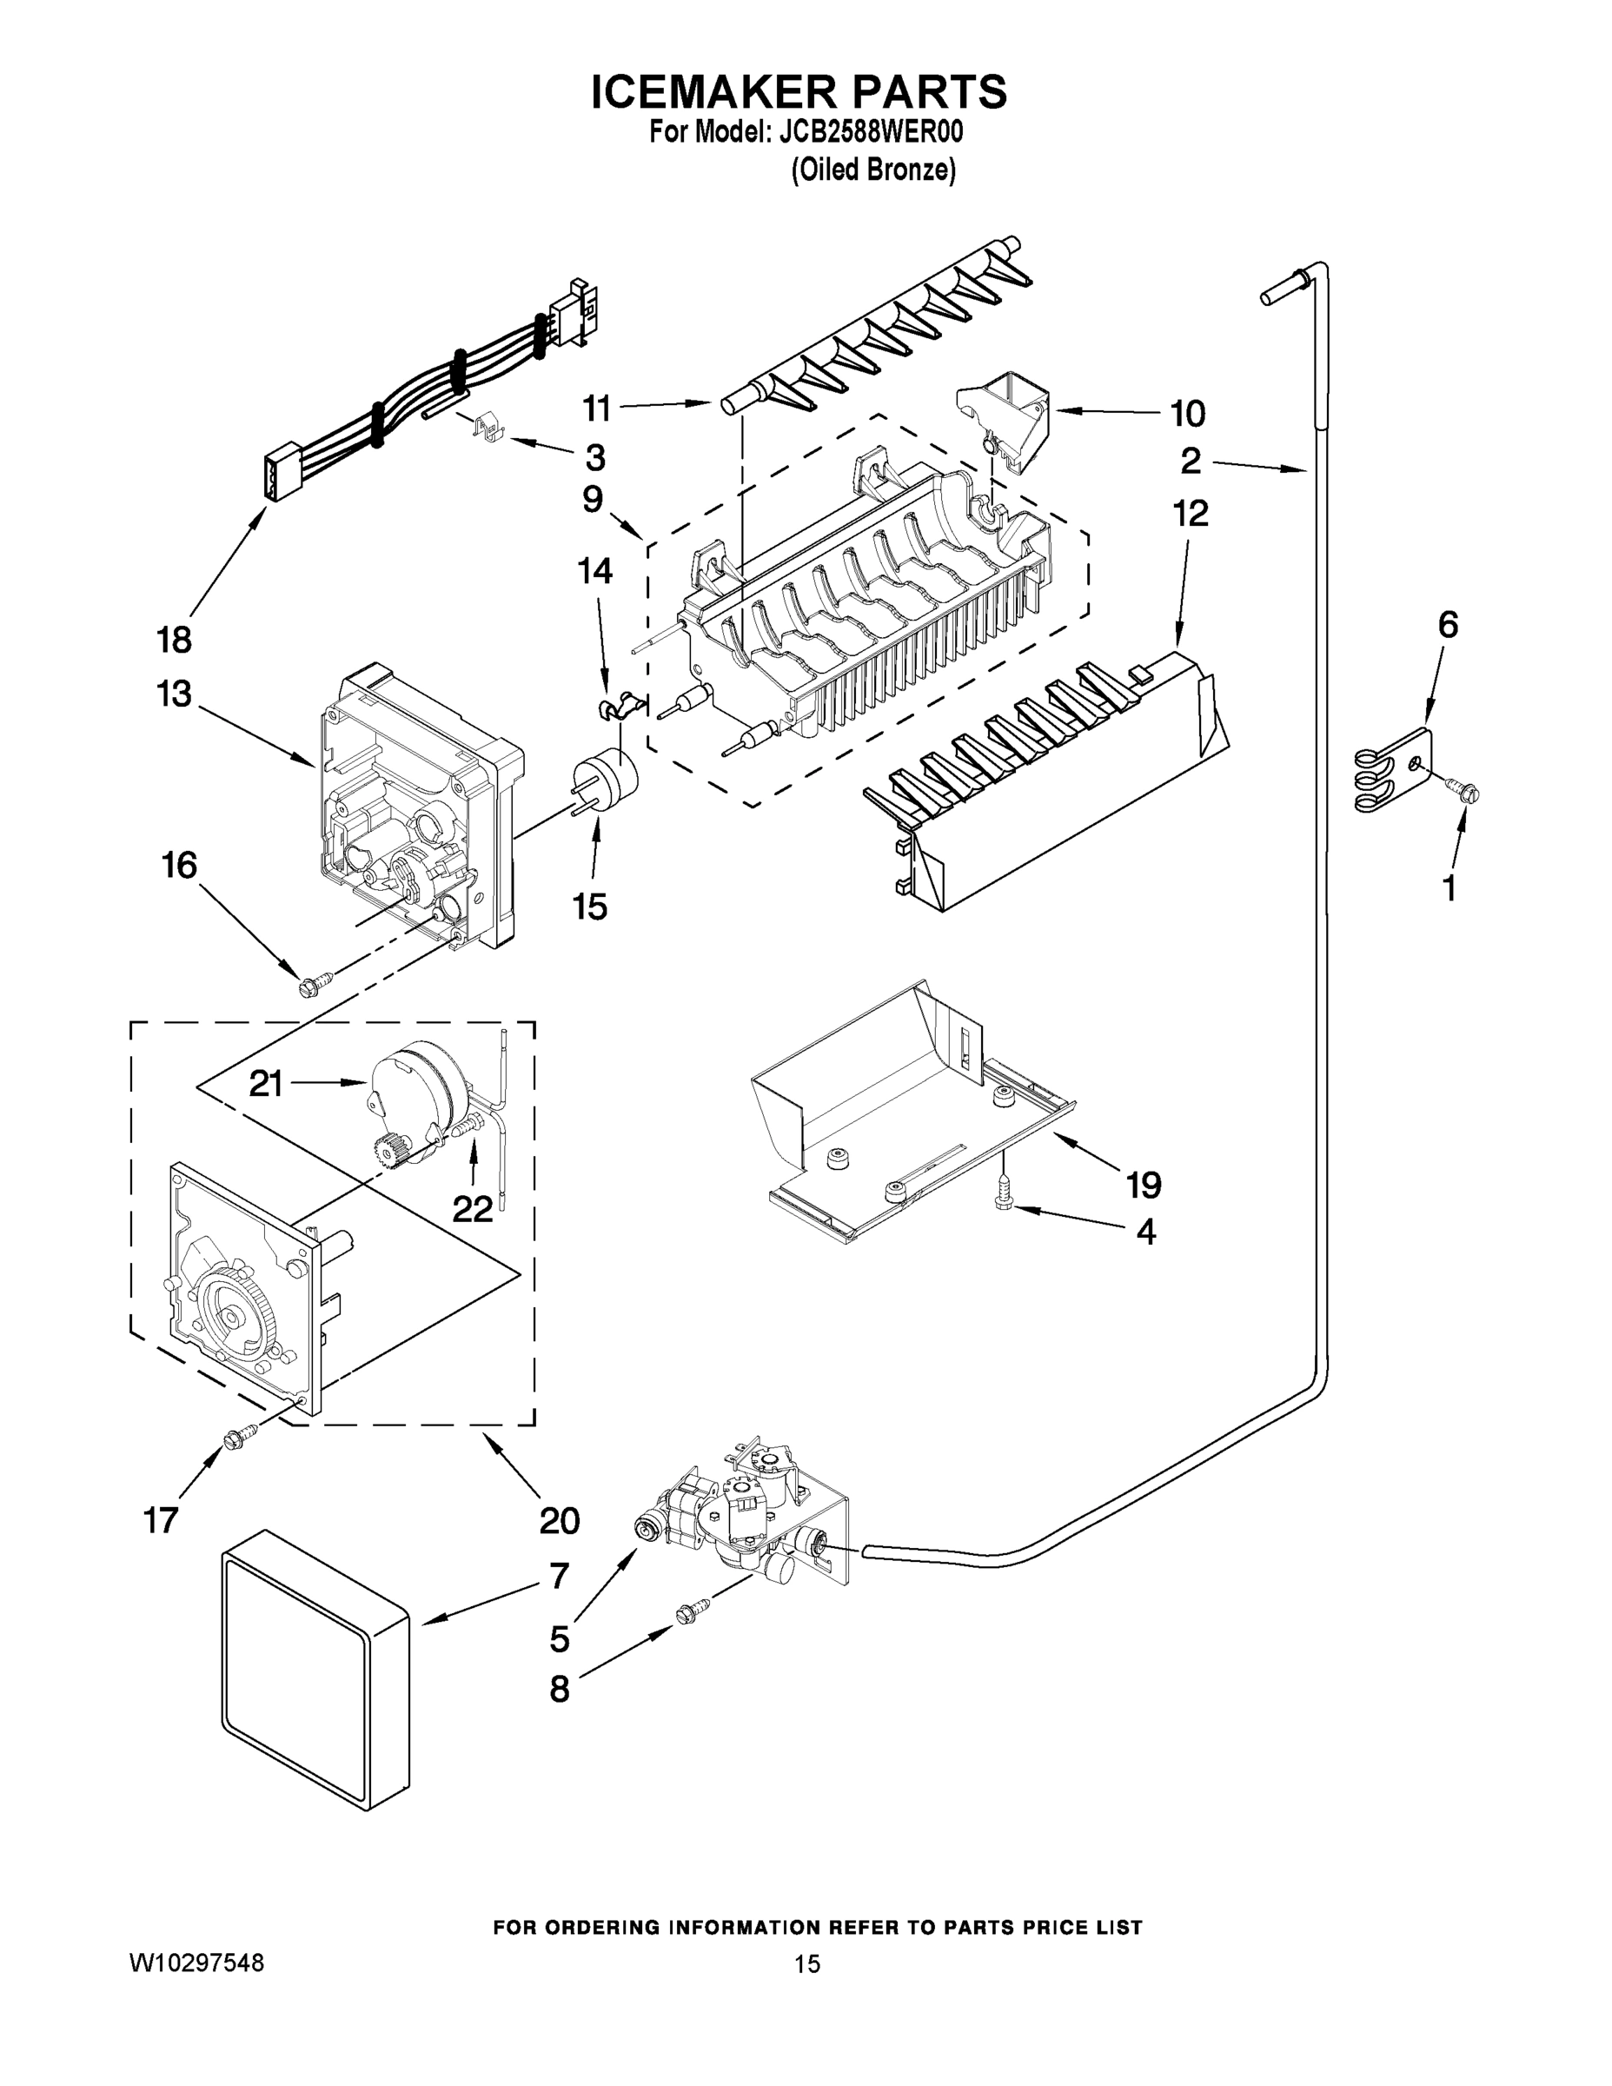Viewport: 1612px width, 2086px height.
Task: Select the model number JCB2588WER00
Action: [871, 132]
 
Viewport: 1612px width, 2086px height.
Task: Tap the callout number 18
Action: [174, 639]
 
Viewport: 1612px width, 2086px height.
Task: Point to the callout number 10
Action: [1187, 414]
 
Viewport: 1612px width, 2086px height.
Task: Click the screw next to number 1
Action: [1463, 791]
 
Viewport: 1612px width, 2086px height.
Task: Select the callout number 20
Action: [559, 1520]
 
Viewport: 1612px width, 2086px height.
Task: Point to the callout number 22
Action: [472, 1209]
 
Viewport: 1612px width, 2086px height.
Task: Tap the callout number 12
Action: [1190, 513]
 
